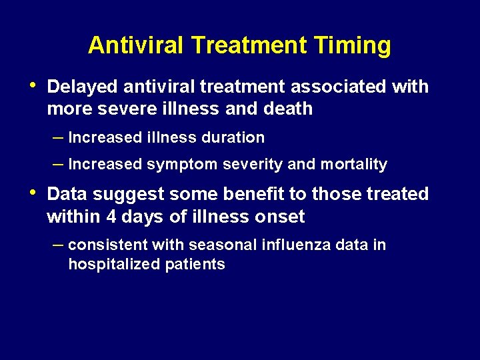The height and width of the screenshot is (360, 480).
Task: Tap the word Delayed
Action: [x=83, y=87]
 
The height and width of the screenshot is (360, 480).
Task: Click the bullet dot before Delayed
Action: [x=34, y=86]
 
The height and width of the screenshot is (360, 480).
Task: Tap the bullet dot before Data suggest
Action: [x=34, y=193]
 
